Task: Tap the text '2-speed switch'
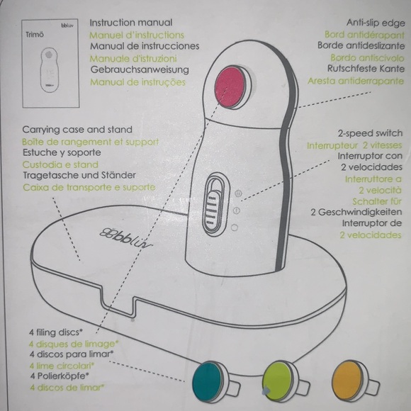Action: (x=370, y=133)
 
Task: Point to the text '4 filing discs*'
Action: (x=54, y=332)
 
